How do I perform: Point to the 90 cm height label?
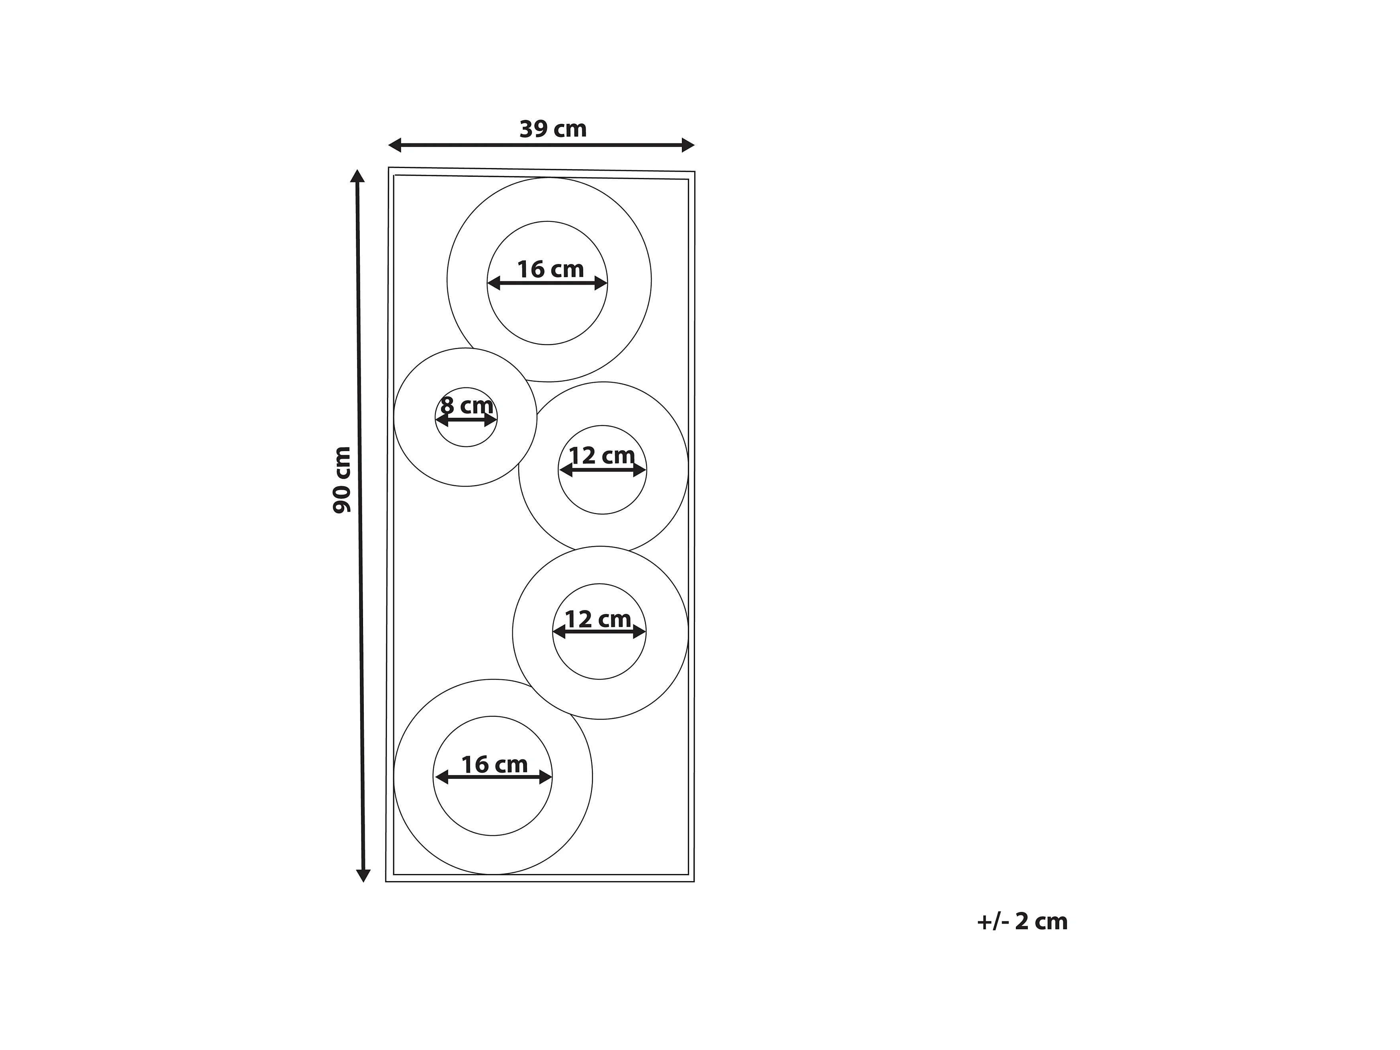342,479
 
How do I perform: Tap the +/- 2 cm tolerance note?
1022,921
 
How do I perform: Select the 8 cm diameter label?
467,405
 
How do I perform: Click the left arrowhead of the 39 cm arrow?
395,145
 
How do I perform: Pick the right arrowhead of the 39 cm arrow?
688,145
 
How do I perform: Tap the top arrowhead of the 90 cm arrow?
357,176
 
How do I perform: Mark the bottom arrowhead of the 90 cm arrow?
363,875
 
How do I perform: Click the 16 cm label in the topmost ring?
550,270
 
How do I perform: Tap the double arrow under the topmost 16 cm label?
547,284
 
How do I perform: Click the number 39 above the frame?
533,129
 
